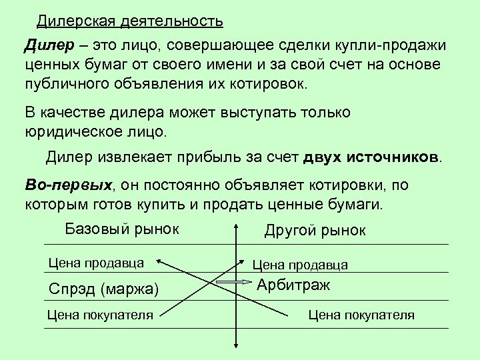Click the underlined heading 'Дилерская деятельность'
click(x=129, y=21)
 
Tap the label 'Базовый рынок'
click(x=122, y=229)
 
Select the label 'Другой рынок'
click(x=315, y=231)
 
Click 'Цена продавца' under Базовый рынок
click(x=96, y=262)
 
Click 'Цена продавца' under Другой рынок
click(x=300, y=265)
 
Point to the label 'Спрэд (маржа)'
click(x=104, y=289)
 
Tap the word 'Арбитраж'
click(x=293, y=285)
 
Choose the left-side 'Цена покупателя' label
click(x=100, y=315)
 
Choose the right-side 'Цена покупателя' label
click(x=361, y=315)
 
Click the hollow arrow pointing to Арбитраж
click(x=235, y=283)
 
